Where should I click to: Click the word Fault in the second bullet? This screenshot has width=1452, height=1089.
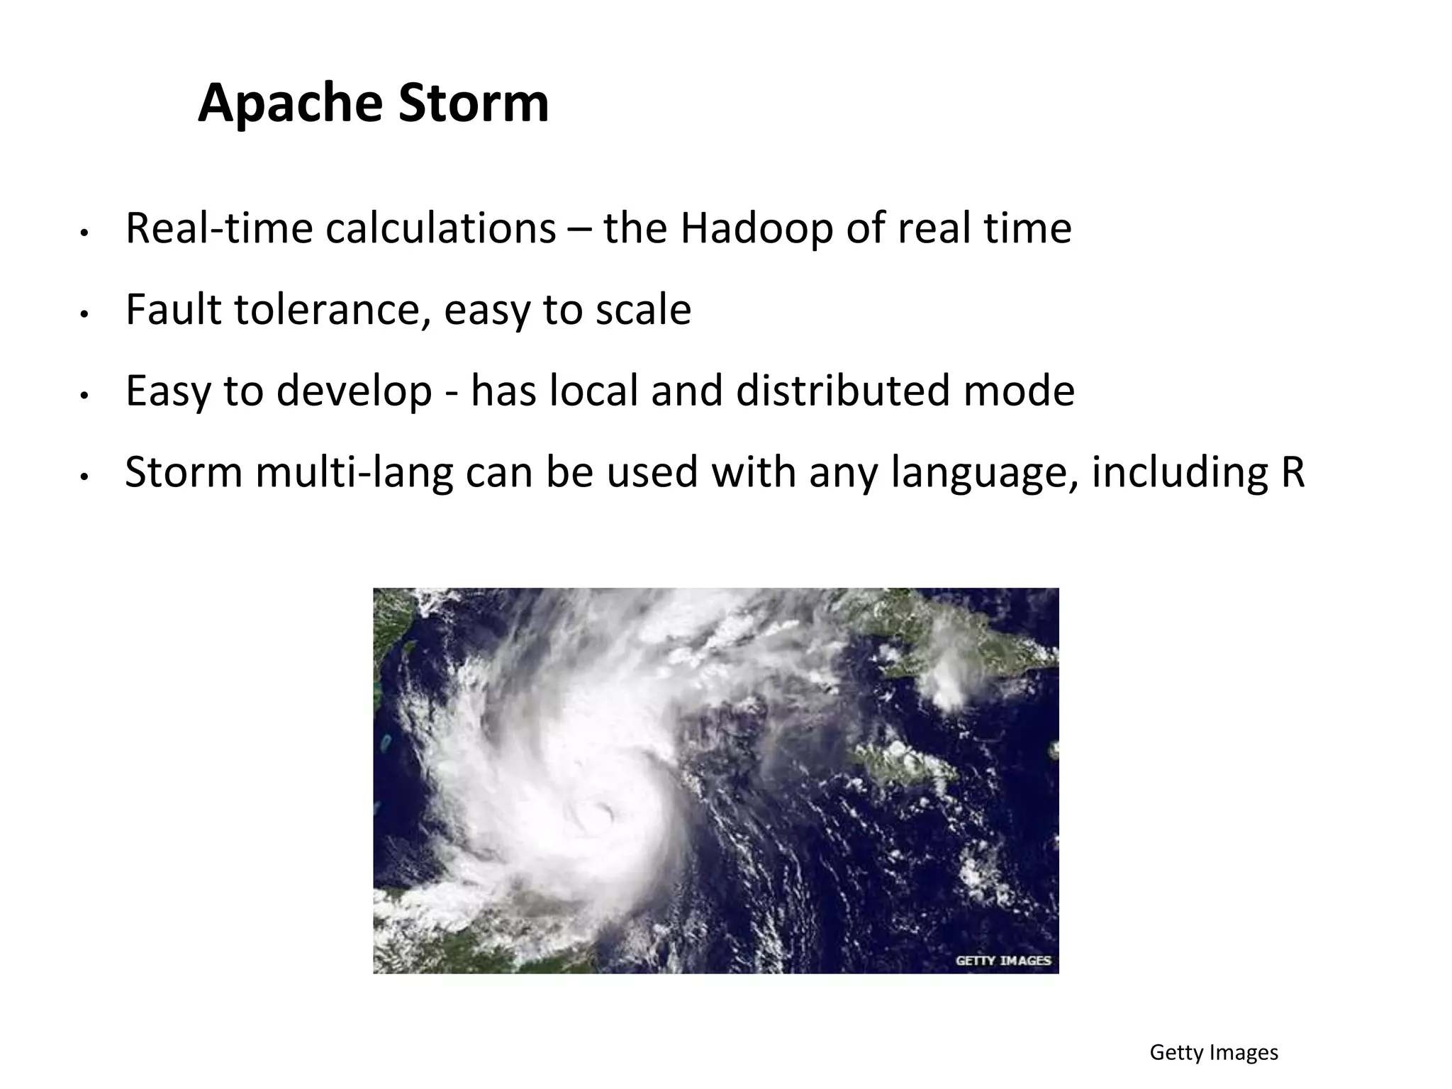click(x=173, y=310)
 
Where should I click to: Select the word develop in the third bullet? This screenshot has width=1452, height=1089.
click(x=354, y=391)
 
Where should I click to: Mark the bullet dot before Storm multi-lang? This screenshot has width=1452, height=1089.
click(x=84, y=477)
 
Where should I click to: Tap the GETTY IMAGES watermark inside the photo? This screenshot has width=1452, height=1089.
click(x=1003, y=961)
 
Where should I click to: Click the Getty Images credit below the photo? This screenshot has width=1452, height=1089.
click(x=1213, y=1052)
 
